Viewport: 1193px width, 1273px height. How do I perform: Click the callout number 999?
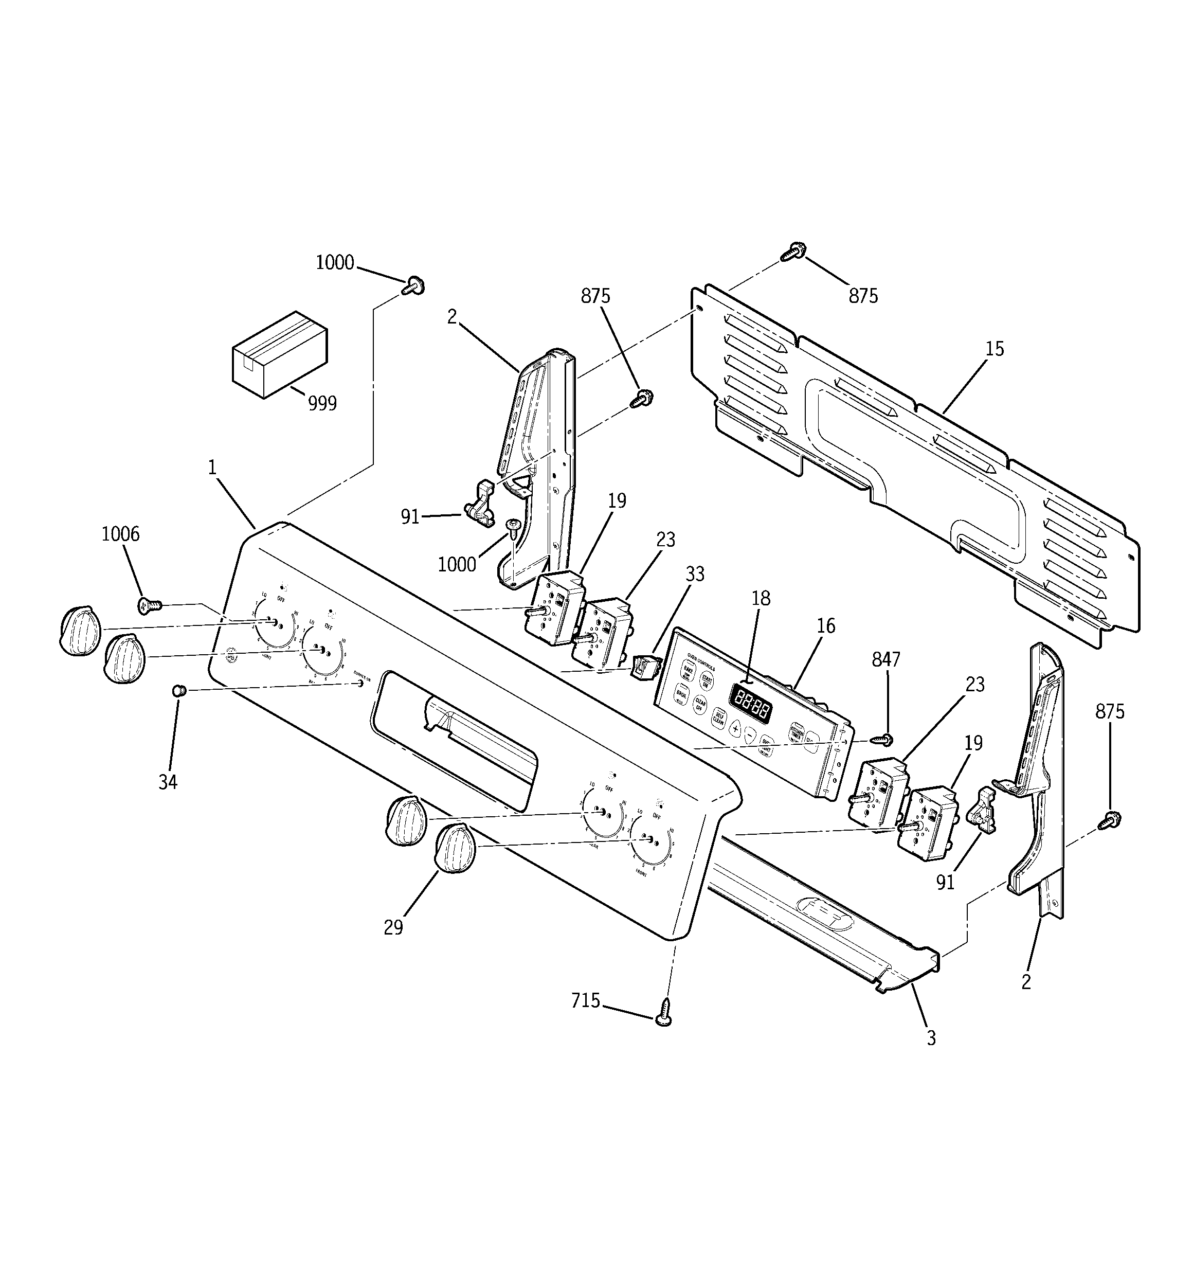(322, 403)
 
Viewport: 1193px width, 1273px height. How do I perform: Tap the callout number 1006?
(120, 534)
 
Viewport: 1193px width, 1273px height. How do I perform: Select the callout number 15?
(995, 349)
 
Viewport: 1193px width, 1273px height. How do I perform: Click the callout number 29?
(393, 927)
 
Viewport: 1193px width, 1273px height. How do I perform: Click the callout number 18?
(761, 599)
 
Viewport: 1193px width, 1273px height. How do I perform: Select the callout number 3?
(931, 1056)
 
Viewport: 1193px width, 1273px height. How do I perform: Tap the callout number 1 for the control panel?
(212, 468)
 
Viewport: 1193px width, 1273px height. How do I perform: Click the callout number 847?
(886, 659)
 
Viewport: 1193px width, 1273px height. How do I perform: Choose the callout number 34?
(168, 782)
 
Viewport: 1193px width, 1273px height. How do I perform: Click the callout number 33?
(695, 573)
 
